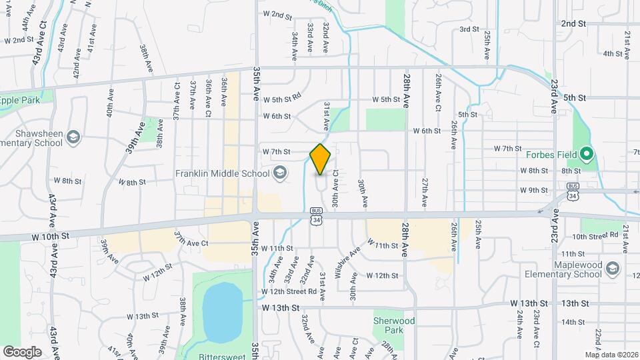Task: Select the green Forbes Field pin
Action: pos(586,155)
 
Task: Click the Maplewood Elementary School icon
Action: pos(613,269)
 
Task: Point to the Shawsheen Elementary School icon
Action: pos(73,138)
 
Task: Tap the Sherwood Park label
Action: pos(394,325)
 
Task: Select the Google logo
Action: pos(22,351)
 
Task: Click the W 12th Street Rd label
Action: pos(289,291)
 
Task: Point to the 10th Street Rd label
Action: pos(595,236)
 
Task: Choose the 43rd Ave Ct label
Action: pos(38,41)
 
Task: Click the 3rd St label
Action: pos(469,29)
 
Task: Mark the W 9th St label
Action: pos(533,191)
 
